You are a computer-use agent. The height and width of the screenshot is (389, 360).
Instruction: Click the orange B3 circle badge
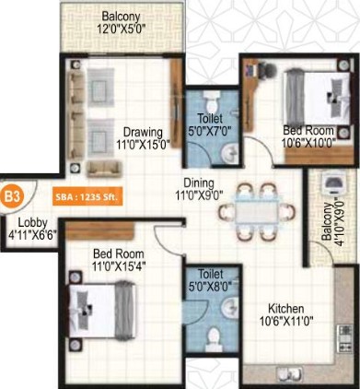tap(12, 197)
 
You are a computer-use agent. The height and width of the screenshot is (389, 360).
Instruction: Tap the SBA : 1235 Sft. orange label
tap(87, 197)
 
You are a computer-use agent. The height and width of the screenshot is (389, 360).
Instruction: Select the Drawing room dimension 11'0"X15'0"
tap(143, 144)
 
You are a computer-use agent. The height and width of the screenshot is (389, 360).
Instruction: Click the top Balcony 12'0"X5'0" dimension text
tap(121, 29)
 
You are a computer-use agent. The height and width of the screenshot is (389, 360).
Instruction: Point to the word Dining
tap(199, 183)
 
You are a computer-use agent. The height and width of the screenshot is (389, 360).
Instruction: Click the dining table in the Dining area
tap(257, 212)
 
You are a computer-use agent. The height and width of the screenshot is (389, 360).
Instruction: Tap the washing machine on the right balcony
tap(332, 183)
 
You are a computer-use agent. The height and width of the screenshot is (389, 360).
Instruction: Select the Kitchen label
tap(286, 309)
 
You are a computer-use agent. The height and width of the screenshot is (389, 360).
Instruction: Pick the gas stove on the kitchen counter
tap(345, 338)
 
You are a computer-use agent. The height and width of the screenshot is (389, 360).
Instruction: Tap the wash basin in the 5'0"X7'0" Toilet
tap(229, 153)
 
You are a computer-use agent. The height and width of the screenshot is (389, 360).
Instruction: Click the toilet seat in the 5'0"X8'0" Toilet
tap(214, 338)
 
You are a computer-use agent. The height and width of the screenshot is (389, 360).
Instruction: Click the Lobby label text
tap(32, 223)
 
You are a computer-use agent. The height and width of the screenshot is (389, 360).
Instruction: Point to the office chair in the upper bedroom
tap(269, 70)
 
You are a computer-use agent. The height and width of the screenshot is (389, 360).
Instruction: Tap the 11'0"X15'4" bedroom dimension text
tap(119, 265)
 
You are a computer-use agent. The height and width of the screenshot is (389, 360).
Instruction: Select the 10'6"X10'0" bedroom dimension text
tap(308, 143)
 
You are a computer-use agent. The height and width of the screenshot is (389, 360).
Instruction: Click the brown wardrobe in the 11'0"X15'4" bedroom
tap(100, 230)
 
